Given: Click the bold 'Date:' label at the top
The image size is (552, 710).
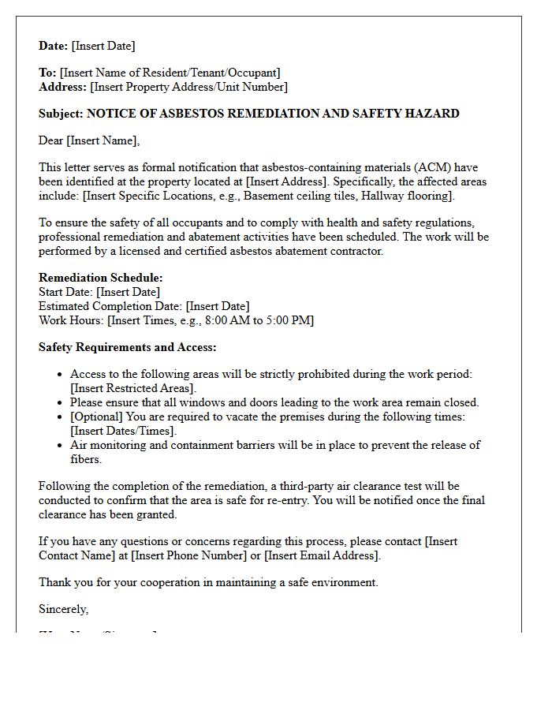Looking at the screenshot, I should point(54,46).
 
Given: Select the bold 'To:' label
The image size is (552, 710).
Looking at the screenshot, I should point(47,73).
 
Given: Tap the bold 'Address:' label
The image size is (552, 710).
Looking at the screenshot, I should point(63,87).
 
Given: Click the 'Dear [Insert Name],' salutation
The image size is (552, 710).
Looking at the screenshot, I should point(89,140).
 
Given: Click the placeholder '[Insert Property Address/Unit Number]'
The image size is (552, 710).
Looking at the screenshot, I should point(189,87).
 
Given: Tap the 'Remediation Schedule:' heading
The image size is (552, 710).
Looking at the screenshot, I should point(101,278).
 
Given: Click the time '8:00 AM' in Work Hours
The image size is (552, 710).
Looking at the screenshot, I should point(227,320).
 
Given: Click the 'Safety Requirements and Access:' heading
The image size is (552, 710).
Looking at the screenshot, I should point(127,347).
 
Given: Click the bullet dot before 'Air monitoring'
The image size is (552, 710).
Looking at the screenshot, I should point(62,445).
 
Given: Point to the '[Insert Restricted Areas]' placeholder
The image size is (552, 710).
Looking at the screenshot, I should point(132,388).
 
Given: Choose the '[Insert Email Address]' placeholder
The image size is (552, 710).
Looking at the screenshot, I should point(322,555).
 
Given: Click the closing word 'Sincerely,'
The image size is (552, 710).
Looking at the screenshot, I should point(64,609).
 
